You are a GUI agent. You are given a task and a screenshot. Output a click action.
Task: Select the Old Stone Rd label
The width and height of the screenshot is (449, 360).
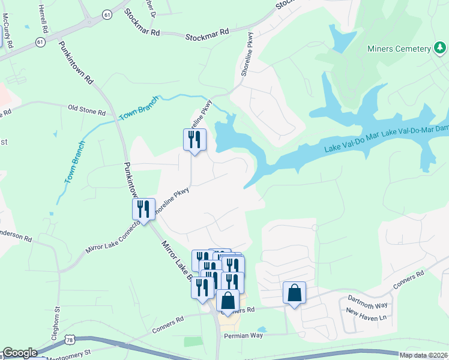pyautogui.click(x=86, y=110)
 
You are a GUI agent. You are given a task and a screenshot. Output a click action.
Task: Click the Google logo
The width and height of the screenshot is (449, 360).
pyautogui.click(x=20, y=353)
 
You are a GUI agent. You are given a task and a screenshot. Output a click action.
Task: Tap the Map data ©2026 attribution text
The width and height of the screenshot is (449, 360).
pyautogui.click(x=423, y=355)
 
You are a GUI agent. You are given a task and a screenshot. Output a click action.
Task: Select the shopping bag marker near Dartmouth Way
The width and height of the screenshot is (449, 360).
pyautogui.click(x=294, y=293)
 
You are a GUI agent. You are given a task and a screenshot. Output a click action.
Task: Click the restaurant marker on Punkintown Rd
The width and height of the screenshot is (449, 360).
pyautogui.click(x=143, y=209)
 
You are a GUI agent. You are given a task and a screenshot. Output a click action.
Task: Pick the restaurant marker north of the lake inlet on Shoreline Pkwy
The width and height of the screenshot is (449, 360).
pyautogui.click(x=194, y=140)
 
